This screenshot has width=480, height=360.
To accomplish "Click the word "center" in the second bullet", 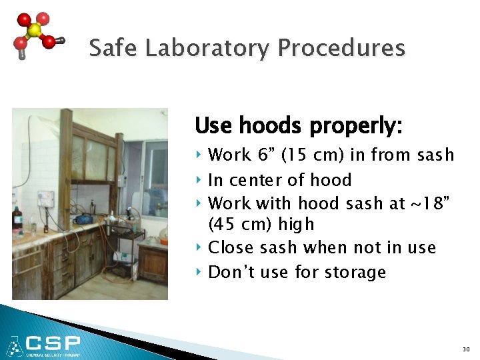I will [261, 180].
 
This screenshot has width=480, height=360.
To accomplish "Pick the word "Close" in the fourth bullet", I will [230, 248].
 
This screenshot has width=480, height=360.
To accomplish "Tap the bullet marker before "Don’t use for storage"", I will [199, 272].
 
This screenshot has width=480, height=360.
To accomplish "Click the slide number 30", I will [465, 349].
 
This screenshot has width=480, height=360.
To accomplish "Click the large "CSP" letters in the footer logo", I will [53, 343].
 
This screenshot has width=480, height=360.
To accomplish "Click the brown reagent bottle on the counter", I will [17, 219].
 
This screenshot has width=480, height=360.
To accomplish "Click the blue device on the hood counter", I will [85, 219].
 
